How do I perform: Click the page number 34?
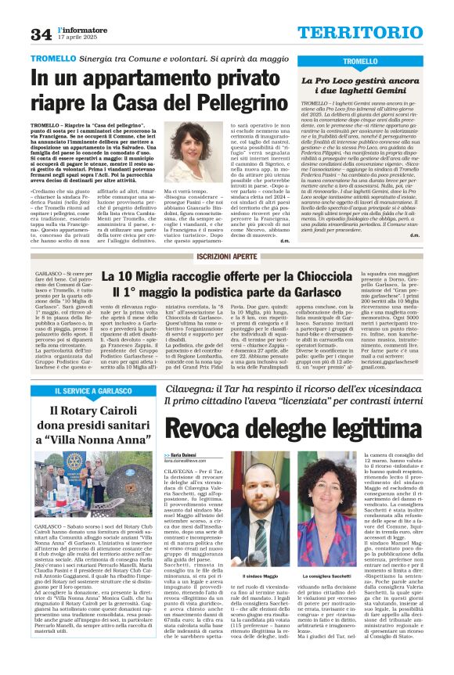tap(41, 34)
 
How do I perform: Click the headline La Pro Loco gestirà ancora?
tap(382, 80)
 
